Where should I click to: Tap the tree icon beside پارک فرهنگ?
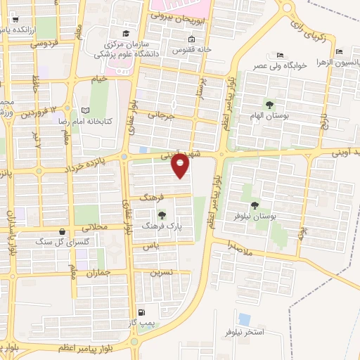click(162, 216)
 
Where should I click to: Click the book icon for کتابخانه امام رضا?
click(86, 111)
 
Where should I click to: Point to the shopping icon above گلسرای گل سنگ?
click(63, 231)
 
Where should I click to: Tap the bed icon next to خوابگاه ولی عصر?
click(280, 56)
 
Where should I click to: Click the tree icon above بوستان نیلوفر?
click(254, 205)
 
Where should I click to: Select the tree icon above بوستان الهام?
click(269, 105)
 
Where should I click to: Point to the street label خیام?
click(99, 79)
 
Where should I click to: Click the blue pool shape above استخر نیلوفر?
click(245, 319)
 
